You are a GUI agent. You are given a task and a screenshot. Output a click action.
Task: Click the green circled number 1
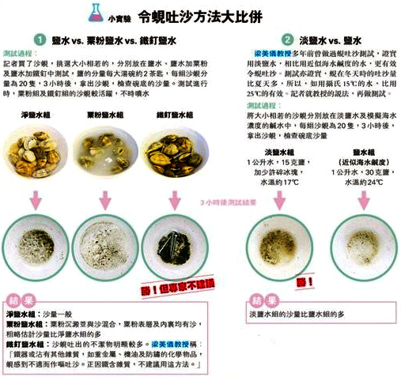38,39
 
